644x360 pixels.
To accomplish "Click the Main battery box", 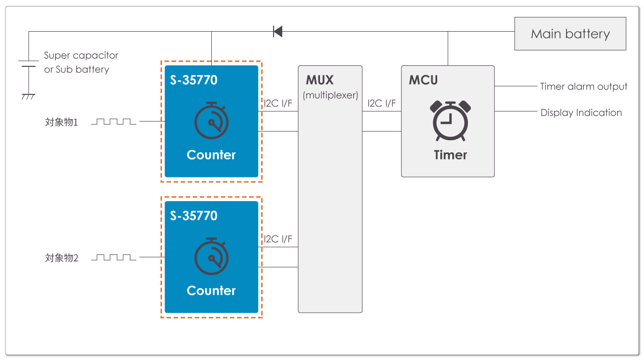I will [x=570, y=34].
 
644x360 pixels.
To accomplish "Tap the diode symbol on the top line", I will [x=277, y=32].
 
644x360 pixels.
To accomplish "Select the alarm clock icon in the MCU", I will [x=450, y=121].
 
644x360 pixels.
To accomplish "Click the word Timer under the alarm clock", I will [x=450, y=155].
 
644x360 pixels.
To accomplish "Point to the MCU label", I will [x=423, y=80].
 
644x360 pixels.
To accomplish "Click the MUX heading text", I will [x=319, y=80].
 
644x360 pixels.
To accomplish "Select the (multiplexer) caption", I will [x=330, y=95].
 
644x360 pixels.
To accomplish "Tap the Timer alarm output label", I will [x=584, y=86].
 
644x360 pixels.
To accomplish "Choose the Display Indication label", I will [x=581, y=113].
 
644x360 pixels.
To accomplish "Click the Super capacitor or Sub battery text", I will [x=80, y=62].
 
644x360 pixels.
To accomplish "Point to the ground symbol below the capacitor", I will [x=28, y=96].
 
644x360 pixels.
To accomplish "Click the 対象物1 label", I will [x=61, y=122].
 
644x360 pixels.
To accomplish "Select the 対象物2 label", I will [x=61, y=258].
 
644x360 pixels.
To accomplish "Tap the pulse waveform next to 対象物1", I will [x=114, y=122].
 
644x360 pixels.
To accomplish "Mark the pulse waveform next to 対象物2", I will [x=114, y=257].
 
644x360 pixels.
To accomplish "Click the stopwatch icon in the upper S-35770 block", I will [x=211, y=121].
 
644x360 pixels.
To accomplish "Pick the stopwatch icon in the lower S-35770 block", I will [x=211, y=256].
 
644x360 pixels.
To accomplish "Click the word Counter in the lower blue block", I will [x=211, y=291].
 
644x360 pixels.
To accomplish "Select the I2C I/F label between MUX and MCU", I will [x=381, y=104].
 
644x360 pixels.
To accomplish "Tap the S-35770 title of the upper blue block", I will [x=194, y=80].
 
